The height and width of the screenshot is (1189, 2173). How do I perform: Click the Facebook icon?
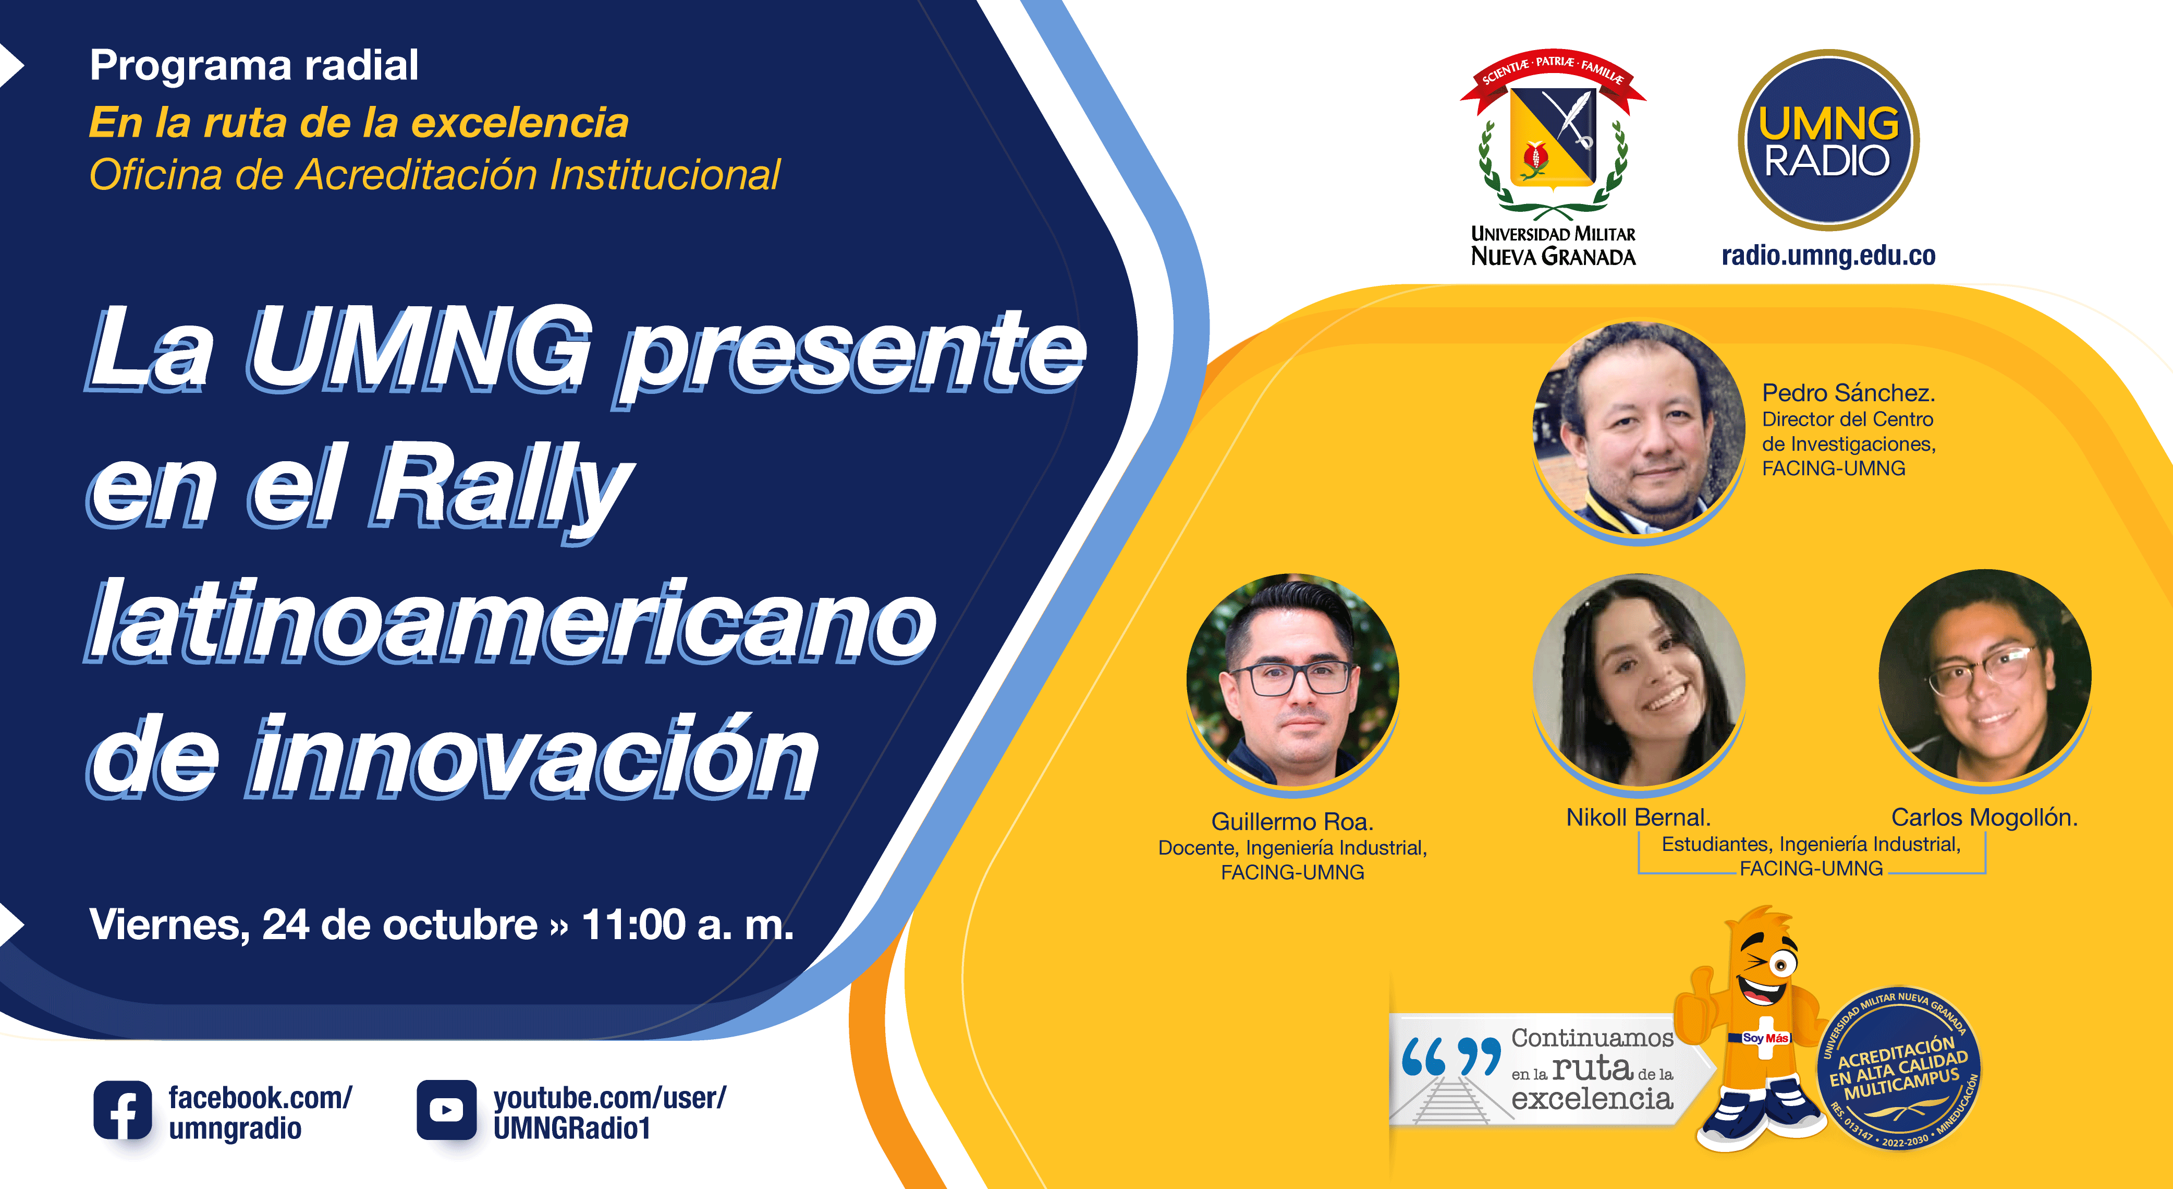click(123, 1111)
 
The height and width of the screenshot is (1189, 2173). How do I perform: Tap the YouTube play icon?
click(446, 1111)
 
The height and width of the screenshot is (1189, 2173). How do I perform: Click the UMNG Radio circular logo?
click(1828, 140)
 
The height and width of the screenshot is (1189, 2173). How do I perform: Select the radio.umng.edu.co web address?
click(1828, 255)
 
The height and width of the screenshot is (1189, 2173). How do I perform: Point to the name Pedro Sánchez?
click(1848, 392)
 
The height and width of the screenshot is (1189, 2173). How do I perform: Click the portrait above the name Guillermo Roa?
click(1292, 681)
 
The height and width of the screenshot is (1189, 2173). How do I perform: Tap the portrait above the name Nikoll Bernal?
click(1638, 681)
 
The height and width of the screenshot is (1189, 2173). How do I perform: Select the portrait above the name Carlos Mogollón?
click(1985, 677)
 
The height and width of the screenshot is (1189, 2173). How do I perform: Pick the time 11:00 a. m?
click(688, 925)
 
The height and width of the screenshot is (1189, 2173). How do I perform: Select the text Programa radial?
click(254, 66)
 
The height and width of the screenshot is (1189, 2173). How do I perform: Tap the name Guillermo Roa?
click(1292, 821)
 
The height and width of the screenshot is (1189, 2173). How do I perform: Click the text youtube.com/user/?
click(609, 1098)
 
